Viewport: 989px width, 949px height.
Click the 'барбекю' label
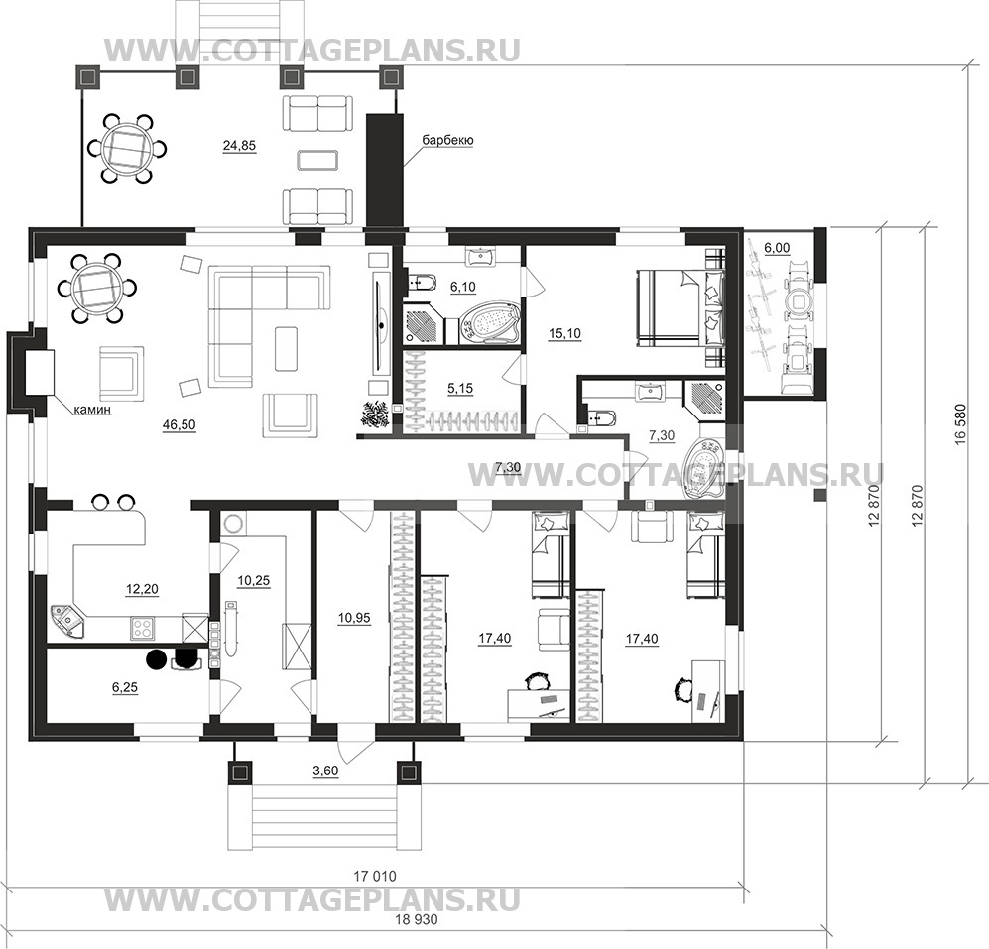447,141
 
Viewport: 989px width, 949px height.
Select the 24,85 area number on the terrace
239,146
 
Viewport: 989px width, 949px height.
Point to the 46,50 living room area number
180,424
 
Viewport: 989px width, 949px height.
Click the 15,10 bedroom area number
563,334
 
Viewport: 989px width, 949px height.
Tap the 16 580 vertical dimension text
961,424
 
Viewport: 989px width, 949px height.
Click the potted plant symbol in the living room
375,415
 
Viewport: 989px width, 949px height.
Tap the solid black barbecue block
381,170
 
